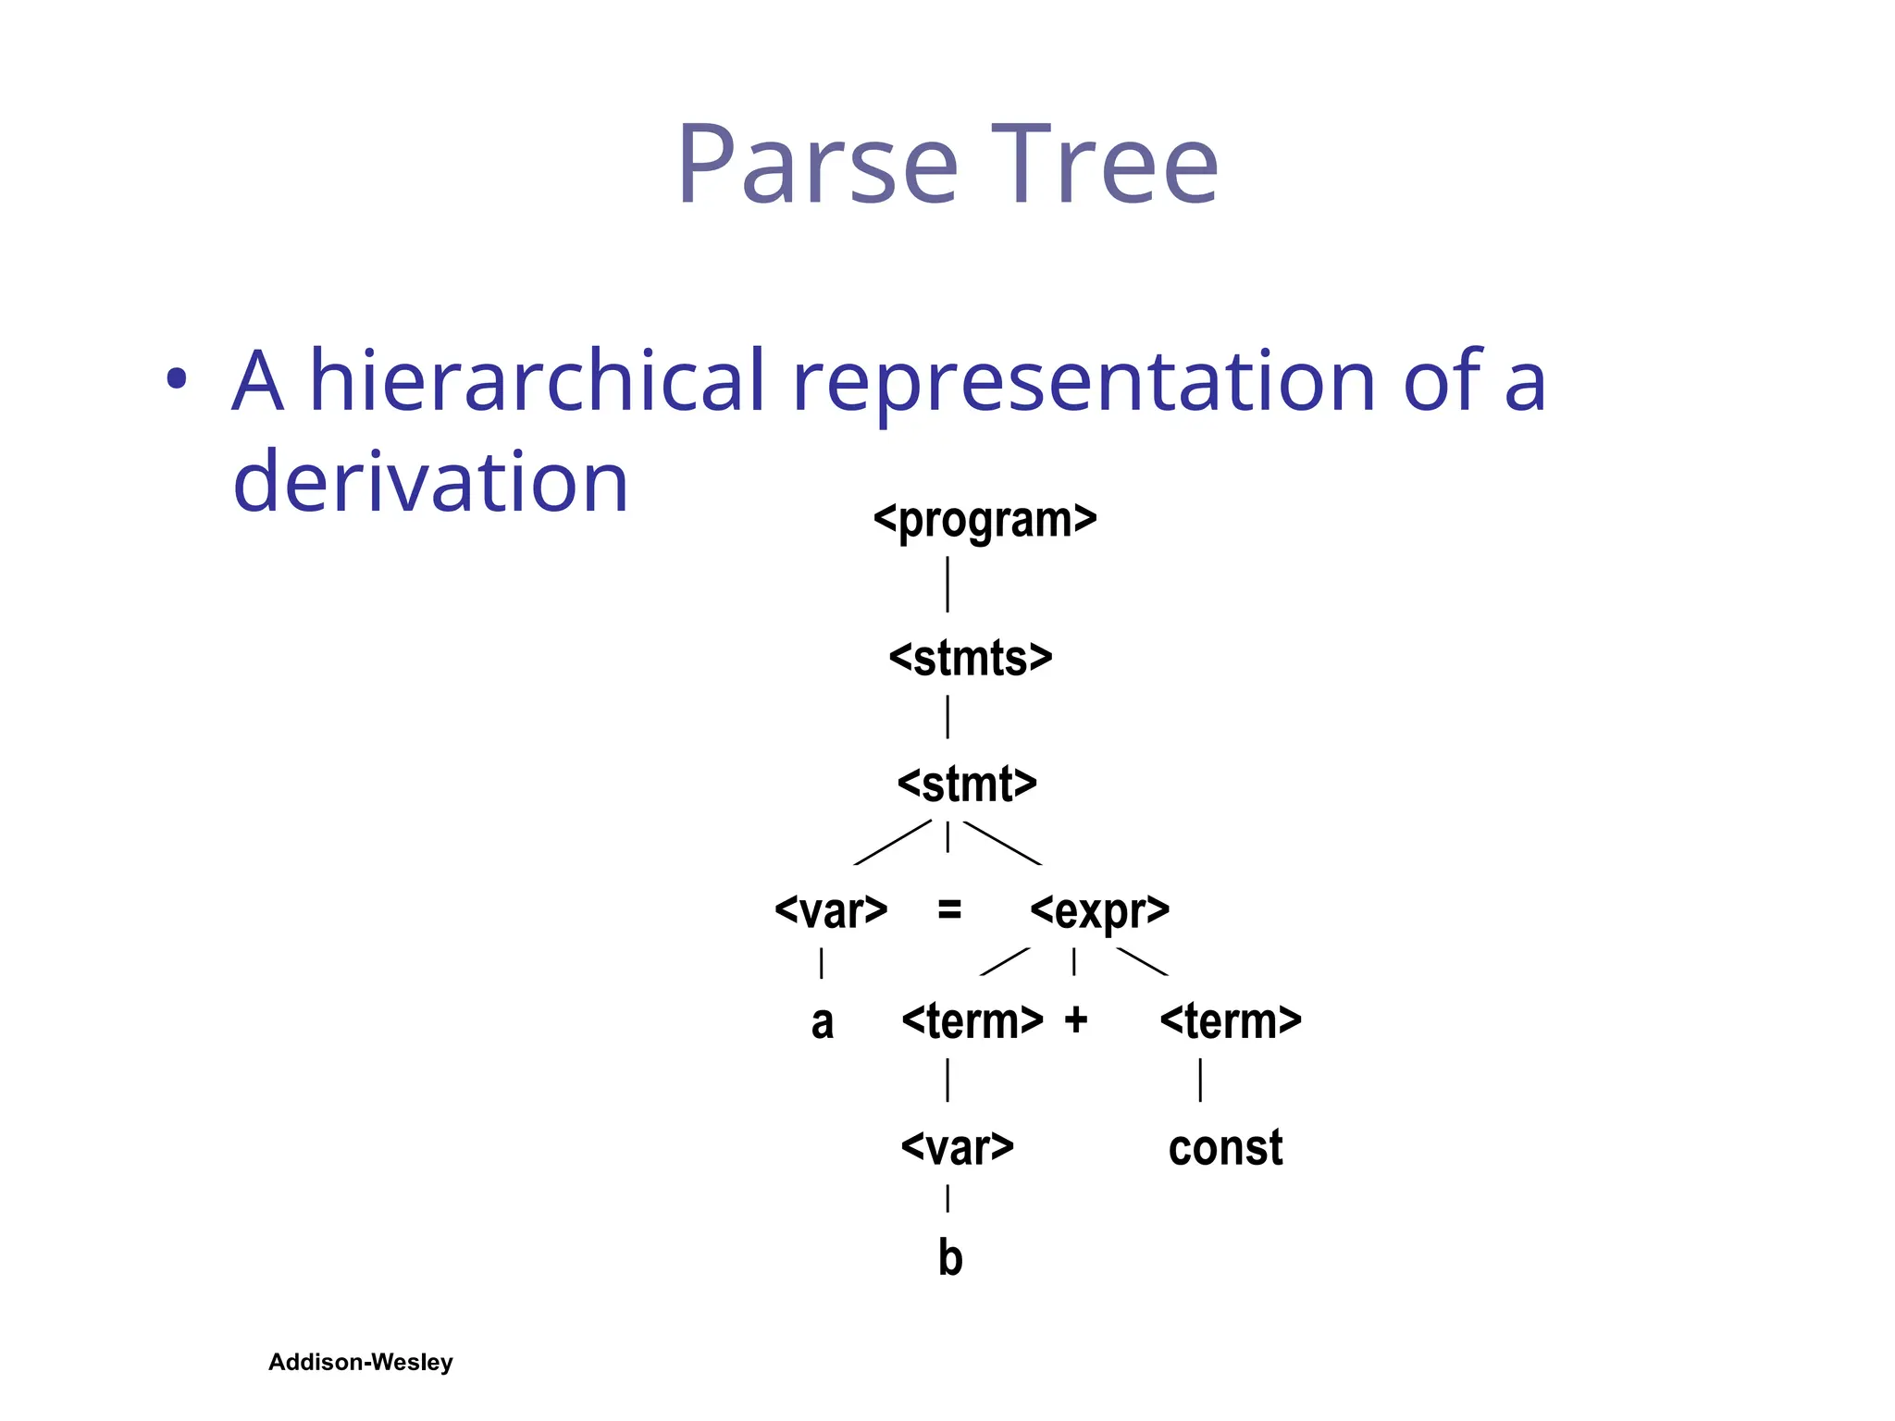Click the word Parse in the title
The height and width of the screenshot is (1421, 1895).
click(x=817, y=167)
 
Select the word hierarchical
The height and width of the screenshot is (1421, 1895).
click(x=537, y=380)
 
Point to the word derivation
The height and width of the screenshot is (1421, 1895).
click(x=430, y=482)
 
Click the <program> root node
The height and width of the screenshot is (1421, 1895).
click(x=985, y=520)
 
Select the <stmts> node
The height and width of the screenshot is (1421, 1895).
click(x=970, y=659)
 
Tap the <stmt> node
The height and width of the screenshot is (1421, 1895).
click(x=967, y=785)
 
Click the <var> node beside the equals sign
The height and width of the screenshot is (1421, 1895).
click(x=831, y=911)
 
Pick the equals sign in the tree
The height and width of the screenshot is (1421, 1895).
click(x=949, y=910)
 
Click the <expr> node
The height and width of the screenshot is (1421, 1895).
click(x=1099, y=911)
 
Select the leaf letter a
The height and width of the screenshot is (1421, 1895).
click(x=822, y=1023)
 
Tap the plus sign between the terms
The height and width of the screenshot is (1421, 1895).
click(x=1075, y=1020)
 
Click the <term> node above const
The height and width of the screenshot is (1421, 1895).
click(x=1230, y=1021)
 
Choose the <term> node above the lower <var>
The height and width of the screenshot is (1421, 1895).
click(x=972, y=1021)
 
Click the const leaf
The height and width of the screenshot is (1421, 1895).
click(x=1225, y=1148)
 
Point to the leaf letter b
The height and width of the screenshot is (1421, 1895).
click(x=950, y=1258)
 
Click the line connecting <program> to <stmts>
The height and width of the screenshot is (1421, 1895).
click(x=947, y=584)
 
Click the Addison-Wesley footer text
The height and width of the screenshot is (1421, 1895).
click(x=360, y=1362)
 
